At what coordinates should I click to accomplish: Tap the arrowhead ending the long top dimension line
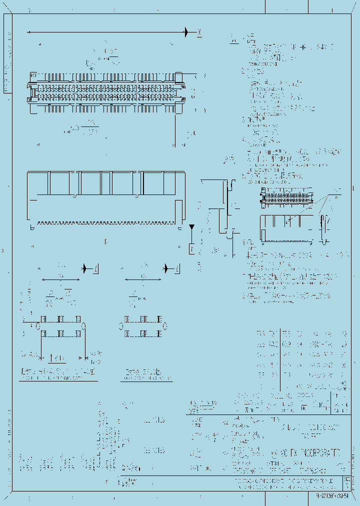tap(186, 32)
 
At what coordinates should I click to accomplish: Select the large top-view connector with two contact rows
tap(107, 90)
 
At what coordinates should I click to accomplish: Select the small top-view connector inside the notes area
tap(286, 197)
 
